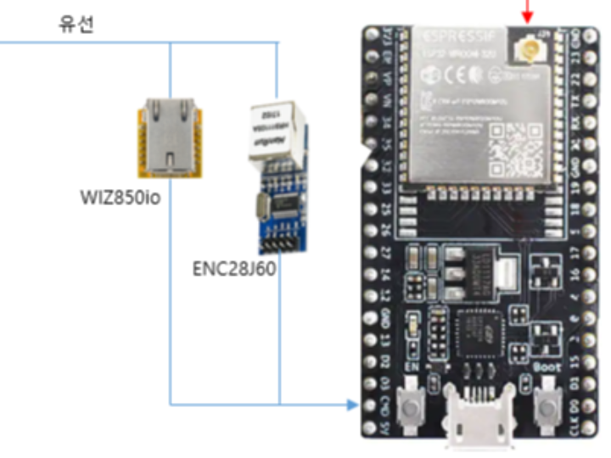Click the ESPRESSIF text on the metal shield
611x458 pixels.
click(445, 36)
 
